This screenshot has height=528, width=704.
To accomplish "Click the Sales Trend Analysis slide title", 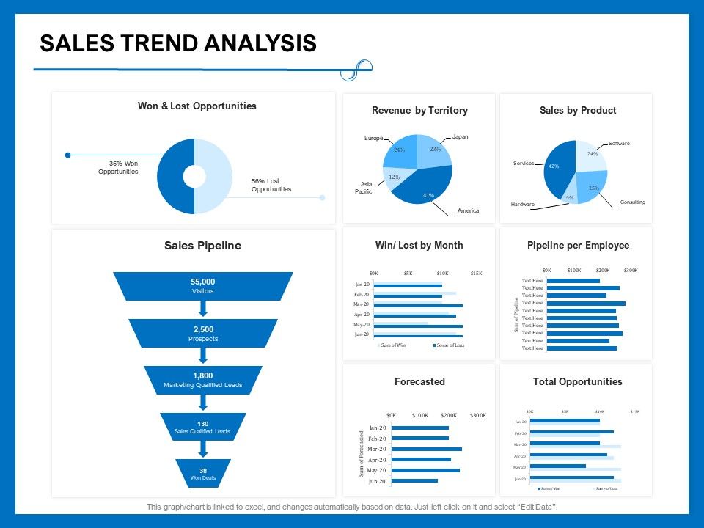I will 178,43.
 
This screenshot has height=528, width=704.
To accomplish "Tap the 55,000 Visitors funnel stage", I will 203,286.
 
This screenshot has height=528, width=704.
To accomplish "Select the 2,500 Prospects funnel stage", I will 203,334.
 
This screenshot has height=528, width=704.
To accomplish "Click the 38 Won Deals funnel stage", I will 203,474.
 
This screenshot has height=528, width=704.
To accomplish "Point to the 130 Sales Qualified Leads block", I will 203,428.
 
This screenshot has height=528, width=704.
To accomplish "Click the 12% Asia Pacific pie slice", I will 395,177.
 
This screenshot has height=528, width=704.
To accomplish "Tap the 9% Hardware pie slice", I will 569,197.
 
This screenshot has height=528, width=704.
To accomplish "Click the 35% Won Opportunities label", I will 118,167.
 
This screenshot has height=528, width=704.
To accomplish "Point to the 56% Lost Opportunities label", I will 271,185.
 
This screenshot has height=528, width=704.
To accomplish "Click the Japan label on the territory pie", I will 460,136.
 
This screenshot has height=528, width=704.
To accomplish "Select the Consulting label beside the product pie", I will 632,202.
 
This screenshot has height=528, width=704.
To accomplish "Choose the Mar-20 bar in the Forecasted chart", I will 426,449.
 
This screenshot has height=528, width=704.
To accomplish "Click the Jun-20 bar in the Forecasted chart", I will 414,481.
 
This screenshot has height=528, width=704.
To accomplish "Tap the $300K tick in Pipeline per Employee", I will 631,270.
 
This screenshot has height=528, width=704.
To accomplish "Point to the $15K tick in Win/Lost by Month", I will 476,273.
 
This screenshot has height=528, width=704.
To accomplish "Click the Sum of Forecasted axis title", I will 362,454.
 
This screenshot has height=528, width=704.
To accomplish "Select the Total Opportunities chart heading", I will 577,381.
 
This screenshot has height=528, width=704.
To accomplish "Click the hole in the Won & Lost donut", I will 194,177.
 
